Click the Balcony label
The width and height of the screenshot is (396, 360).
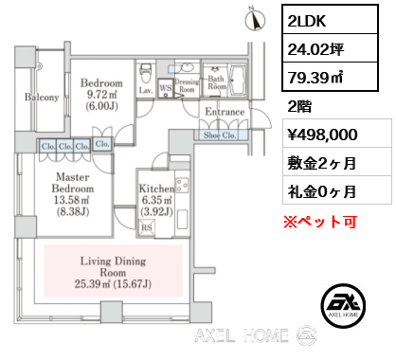click(x=43, y=98)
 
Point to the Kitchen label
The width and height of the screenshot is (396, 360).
click(x=157, y=189)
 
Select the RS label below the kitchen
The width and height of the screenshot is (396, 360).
click(x=147, y=227)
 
